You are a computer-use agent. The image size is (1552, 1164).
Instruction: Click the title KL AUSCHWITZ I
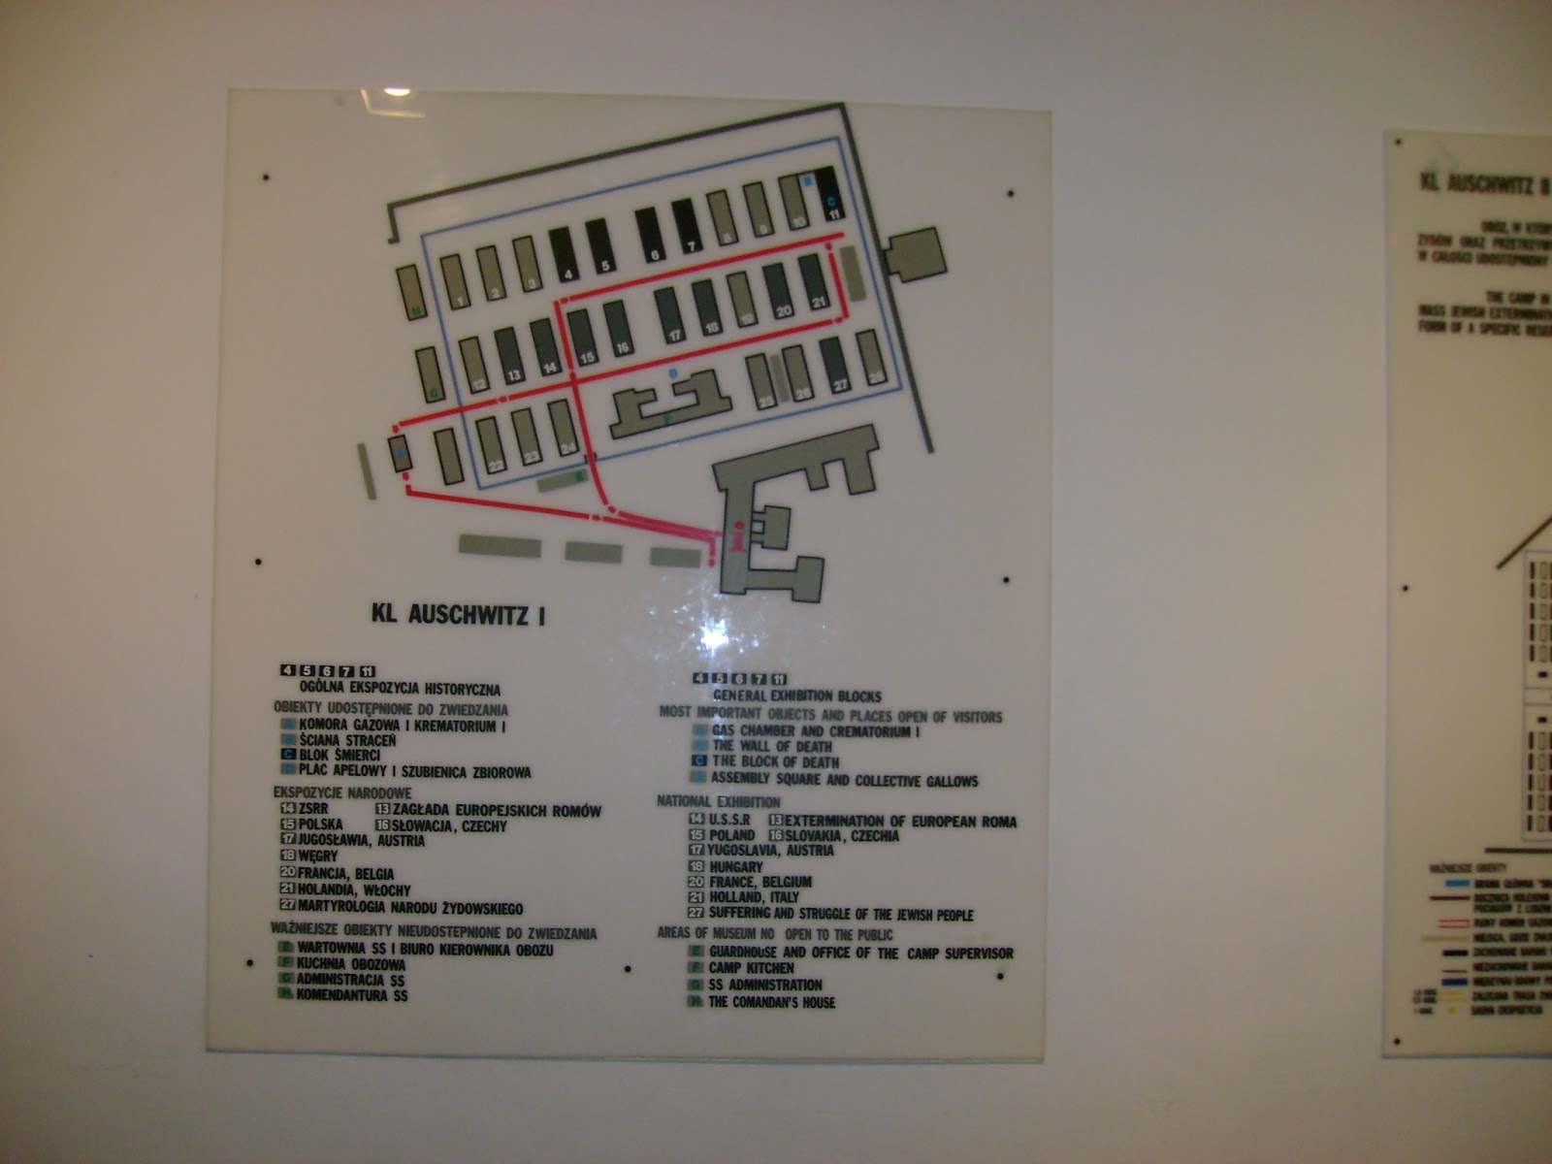pyautogui.click(x=458, y=613)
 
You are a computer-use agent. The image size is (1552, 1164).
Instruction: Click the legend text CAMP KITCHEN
pyautogui.click(x=751, y=968)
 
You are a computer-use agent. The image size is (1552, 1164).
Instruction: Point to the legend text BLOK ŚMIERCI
pyautogui.click(x=339, y=756)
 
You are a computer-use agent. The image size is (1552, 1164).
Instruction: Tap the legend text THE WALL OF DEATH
pyautogui.click(x=772, y=746)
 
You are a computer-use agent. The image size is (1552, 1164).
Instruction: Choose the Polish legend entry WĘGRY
pyautogui.click(x=318, y=857)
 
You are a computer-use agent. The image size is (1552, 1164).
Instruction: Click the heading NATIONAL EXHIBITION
pyautogui.click(x=719, y=802)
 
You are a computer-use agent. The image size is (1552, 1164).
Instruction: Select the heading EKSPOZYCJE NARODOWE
pyautogui.click(x=342, y=793)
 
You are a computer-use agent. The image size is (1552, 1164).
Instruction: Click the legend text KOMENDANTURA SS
pyautogui.click(x=352, y=995)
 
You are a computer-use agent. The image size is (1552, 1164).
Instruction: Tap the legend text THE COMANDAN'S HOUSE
pyautogui.click(x=771, y=1002)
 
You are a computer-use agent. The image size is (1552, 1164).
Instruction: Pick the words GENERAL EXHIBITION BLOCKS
pyautogui.click(x=797, y=695)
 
